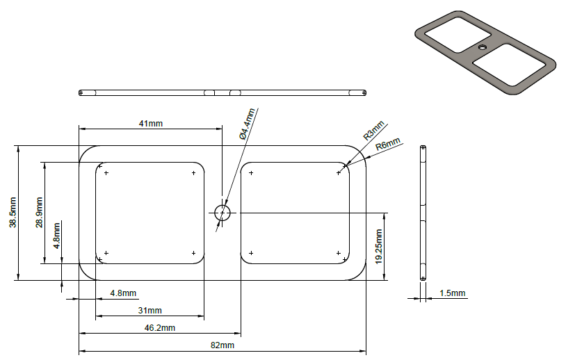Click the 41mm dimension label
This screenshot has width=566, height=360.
pos(151,123)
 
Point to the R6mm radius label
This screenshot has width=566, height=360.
pos(389,145)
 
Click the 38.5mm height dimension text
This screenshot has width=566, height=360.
pos(12,213)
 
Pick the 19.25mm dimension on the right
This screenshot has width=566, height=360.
pos(379,246)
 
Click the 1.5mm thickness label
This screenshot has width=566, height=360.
pos(452,293)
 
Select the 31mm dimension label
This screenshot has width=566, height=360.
pos(149,310)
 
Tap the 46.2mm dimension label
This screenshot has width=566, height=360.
pos(160,327)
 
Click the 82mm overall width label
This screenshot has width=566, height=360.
pos(223,345)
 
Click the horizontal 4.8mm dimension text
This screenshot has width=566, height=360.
pos(123,293)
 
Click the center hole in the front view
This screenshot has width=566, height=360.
pos(222,213)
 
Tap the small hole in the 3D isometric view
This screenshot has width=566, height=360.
pos(482,47)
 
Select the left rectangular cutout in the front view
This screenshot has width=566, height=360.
pos(149,213)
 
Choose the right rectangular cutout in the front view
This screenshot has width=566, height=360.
pos(295,213)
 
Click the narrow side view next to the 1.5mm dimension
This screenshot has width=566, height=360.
pos(423,213)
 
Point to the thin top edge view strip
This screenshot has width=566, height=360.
pos(223,92)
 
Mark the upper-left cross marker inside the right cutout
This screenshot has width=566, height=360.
pos(251,172)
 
